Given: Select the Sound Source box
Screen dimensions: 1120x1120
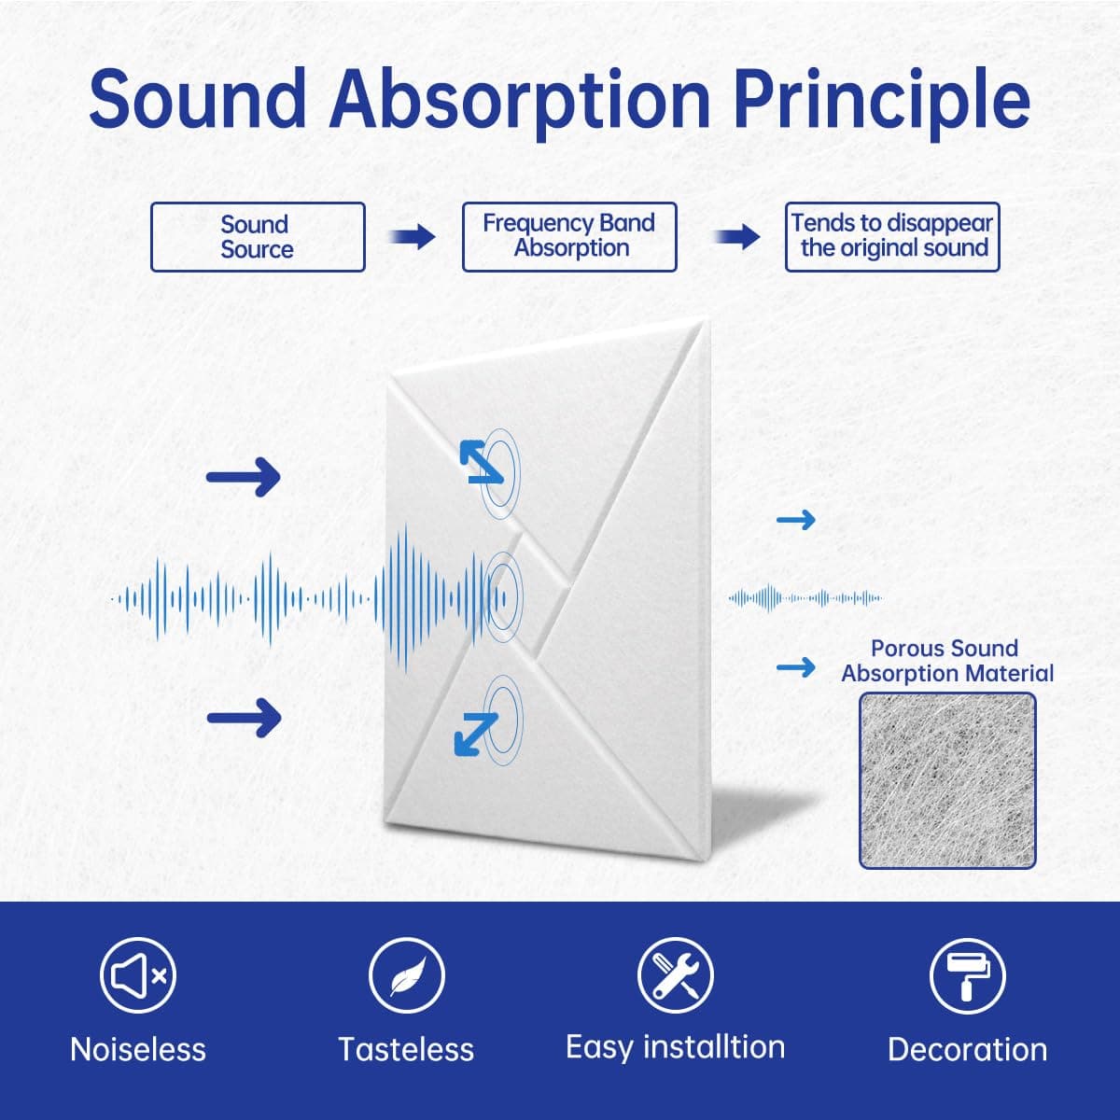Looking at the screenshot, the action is [x=258, y=236].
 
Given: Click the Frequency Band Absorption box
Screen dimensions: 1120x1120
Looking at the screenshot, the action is [x=569, y=236].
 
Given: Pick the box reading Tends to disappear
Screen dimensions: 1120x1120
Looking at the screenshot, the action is [x=892, y=236].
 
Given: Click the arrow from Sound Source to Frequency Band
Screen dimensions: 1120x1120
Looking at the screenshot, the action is [x=413, y=236].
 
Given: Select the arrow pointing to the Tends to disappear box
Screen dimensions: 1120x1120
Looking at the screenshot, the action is [x=737, y=236].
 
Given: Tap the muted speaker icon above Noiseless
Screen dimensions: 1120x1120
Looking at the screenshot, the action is [x=138, y=975].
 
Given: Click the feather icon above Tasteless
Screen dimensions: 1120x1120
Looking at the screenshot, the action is [x=407, y=975].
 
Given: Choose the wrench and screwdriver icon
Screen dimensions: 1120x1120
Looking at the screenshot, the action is [x=676, y=975].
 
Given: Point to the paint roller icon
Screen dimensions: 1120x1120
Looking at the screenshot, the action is [x=967, y=976].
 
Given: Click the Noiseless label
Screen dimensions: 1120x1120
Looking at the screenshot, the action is [x=138, y=1050].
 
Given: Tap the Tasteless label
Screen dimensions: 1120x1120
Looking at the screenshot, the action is [x=406, y=1050].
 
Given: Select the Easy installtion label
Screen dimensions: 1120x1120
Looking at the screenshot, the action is [x=676, y=1048].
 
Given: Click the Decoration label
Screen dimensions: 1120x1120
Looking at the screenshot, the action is [x=967, y=1050].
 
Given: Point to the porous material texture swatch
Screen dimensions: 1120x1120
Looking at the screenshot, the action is [x=947, y=780].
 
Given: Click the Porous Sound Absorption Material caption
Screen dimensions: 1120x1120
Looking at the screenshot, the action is [x=946, y=661].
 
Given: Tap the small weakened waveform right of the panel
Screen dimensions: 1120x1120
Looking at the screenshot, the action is [x=805, y=597].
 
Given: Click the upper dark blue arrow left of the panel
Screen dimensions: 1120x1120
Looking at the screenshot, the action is [x=244, y=477].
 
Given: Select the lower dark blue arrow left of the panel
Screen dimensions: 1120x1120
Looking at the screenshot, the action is [x=245, y=719].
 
